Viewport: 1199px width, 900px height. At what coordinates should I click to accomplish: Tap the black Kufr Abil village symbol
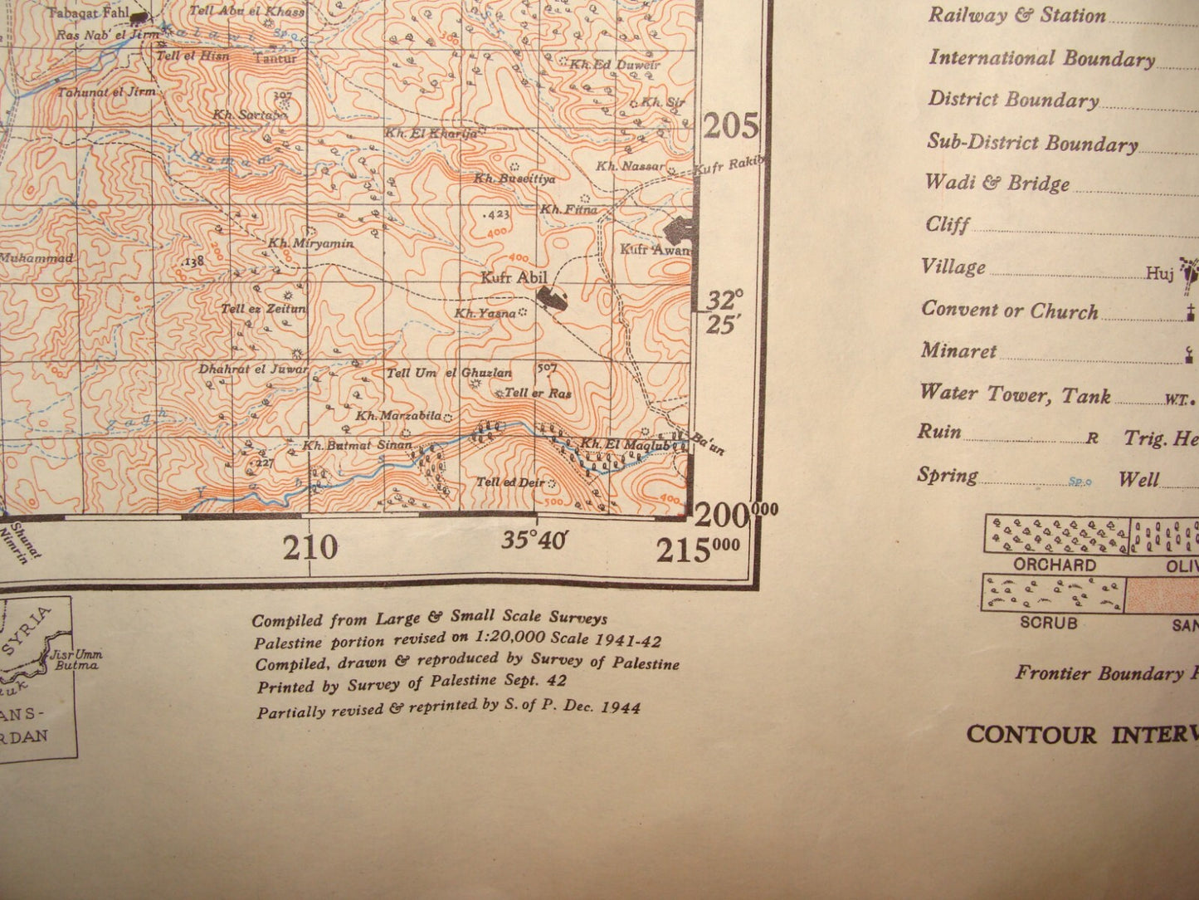click(548, 296)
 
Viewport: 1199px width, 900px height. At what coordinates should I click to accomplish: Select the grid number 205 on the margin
click(731, 127)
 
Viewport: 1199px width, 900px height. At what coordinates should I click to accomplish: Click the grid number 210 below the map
click(310, 548)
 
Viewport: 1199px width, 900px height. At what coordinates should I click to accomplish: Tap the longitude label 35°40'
click(534, 540)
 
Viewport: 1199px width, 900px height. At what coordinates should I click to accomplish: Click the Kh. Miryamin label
click(311, 243)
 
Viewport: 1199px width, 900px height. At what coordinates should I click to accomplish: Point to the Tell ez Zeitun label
click(263, 309)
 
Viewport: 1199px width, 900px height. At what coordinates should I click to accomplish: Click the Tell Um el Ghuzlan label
click(449, 373)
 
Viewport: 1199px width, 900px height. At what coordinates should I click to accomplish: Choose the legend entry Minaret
click(958, 351)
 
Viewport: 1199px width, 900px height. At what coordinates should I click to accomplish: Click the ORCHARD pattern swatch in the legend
click(1056, 535)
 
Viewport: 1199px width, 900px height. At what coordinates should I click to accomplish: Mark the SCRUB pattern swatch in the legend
click(1053, 594)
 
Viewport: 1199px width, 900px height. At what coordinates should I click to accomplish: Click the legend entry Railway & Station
click(1016, 16)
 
